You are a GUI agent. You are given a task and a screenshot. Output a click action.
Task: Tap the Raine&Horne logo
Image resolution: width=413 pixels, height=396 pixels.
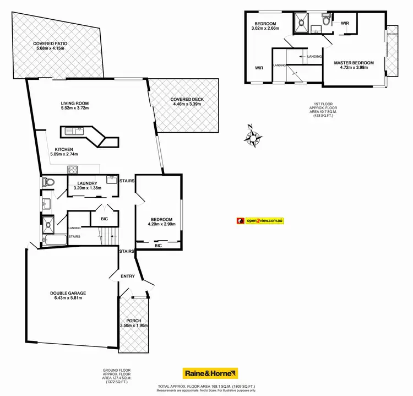click(210, 373)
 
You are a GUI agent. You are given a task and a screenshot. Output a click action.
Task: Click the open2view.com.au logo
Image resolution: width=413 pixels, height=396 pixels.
click(259, 220)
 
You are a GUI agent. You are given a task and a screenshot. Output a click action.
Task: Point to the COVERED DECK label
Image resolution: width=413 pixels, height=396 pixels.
click(188, 100)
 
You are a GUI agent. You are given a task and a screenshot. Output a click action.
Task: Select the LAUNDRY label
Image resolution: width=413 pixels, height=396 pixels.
click(88, 183)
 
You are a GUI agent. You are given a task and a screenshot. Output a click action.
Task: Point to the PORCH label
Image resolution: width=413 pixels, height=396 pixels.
click(133, 321)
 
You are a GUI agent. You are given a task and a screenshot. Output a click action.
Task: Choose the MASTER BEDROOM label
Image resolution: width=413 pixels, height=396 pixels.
click(354, 63)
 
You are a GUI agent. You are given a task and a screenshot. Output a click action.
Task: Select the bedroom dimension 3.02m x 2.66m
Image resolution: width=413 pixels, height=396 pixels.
click(265, 28)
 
